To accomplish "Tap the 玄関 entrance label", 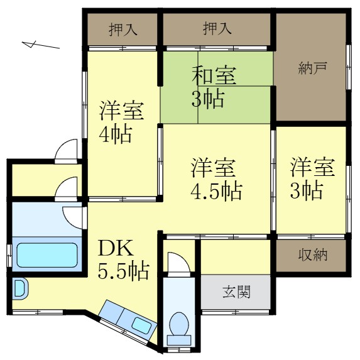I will pos(237,292).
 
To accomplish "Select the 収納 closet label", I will pos(312,255).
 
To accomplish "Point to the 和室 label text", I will pos(214,75).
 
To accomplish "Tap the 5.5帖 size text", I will pos(123,271).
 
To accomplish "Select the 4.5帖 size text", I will pos(217,190).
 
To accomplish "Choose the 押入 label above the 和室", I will pos(217,29).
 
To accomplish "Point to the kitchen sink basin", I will pos(140,325).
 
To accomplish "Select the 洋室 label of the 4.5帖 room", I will pos(214,168).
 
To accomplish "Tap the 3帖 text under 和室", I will pos(207,99).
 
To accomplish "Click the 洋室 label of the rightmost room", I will pos(312,168).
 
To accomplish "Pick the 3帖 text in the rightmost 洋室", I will pos(306,190).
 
